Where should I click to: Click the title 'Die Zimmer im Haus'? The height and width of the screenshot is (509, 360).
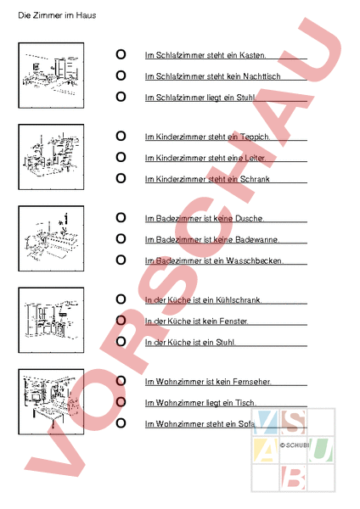pos(57,15)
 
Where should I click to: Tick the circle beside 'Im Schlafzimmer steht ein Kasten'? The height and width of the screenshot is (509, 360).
pos(121,54)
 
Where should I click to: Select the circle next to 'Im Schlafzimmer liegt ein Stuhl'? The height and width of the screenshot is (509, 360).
pos(121,97)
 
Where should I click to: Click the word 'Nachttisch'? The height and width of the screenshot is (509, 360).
pos(262,76)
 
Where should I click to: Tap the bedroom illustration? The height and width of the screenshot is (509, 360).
pos(51,76)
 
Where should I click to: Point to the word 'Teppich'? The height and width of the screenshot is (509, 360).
pos(255,137)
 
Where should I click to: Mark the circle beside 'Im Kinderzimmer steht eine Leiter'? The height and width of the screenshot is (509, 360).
pos(121,157)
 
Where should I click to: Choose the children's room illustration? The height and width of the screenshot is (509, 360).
pos(51,157)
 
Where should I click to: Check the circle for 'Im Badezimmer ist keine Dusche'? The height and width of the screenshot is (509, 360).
pos(121,217)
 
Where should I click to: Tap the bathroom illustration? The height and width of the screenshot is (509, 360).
pos(51,238)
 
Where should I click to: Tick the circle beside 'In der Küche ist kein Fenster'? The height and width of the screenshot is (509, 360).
pos(121,321)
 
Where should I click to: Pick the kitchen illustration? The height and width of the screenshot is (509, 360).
pos(51,320)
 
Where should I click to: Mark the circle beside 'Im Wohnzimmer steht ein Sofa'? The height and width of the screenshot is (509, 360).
pos(121,423)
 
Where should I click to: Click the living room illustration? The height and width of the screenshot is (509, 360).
pos(51,401)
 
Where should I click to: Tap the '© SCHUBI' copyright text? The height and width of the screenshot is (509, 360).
pos(295,445)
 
